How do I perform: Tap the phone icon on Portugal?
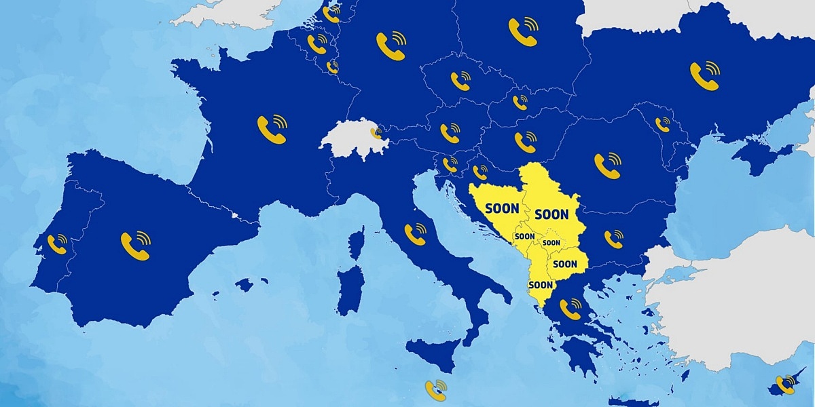pyautogui.click(x=58, y=244)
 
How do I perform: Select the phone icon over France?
pyautogui.click(x=272, y=129)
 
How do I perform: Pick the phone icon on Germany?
pyautogui.click(x=391, y=46)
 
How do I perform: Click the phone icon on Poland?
pyautogui.click(x=522, y=32)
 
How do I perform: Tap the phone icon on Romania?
pyautogui.click(x=607, y=166)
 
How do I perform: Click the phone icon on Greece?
pyautogui.click(x=570, y=309)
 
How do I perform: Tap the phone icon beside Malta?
pyautogui.click(x=435, y=390)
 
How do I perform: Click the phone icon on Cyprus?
pyautogui.click(x=786, y=385)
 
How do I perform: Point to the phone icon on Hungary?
pyautogui.click(x=525, y=142)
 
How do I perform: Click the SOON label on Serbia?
pyautogui.click(x=551, y=214)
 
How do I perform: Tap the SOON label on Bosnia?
pyautogui.click(x=502, y=209)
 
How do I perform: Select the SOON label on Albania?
pyautogui.click(x=541, y=285)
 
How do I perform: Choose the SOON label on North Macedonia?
pyautogui.click(x=565, y=263)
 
